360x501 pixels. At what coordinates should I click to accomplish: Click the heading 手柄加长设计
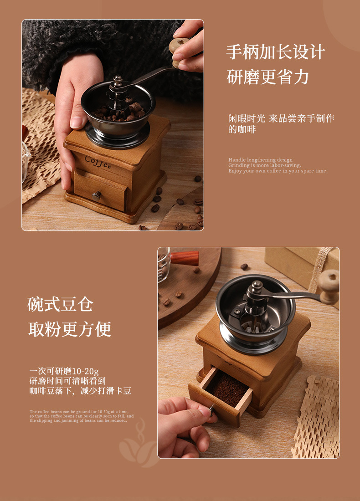point(275,52)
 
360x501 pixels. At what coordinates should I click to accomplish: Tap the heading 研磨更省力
point(267,77)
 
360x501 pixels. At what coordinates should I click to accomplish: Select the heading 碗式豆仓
point(60,304)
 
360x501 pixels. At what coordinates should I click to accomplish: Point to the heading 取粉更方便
point(70,329)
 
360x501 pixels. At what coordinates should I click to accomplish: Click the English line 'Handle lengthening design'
point(260,160)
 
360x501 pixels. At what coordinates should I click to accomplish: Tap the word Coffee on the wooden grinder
point(98,162)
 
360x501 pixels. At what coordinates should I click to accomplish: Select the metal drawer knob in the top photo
point(96,196)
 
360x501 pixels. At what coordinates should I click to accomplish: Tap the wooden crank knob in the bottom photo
point(329,286)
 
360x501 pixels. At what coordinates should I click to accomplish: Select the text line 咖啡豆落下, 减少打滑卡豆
point(80,391)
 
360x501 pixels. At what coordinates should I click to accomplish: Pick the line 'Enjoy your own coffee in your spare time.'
point(278,171)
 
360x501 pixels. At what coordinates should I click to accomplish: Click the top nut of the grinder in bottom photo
point(257,286)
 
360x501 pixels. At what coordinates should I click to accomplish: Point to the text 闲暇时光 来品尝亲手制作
point(281,118)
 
